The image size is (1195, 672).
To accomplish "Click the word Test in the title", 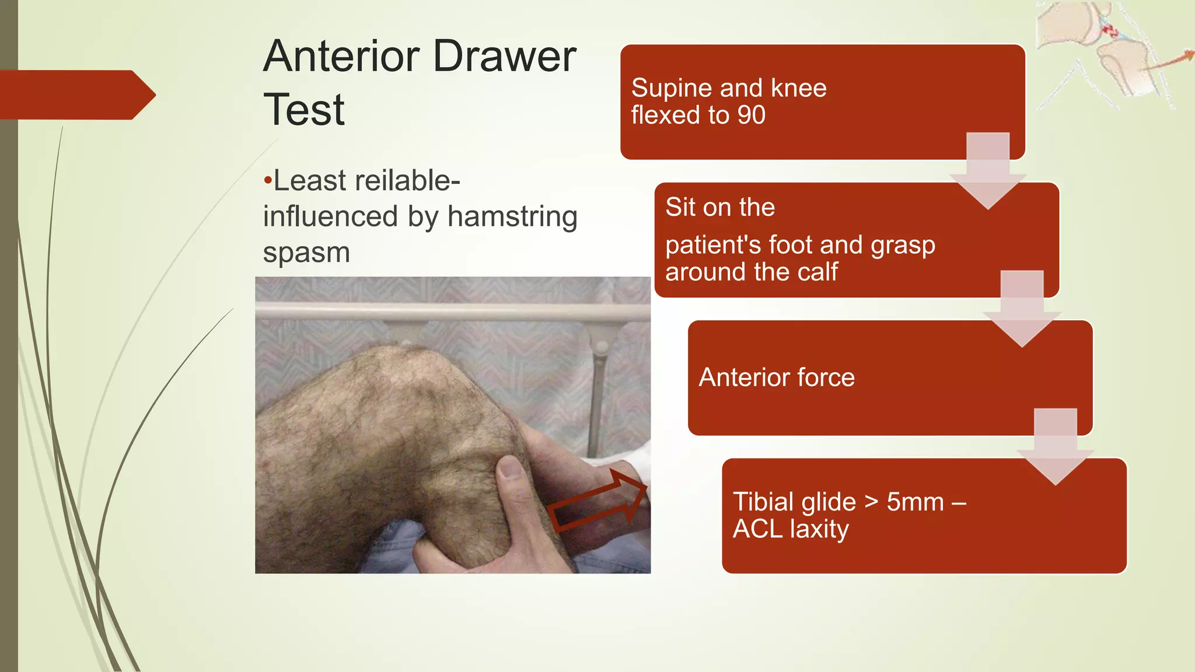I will click(x=303, y=110).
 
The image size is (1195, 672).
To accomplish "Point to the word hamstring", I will click(x=512, y=216).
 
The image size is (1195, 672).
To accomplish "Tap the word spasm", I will click(x=306, y=253).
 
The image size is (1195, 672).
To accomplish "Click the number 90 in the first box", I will click(x=751, y=115).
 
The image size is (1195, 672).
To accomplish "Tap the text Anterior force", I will click(x=776, y=377).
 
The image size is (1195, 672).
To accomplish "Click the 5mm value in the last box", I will click(x=915, y=502).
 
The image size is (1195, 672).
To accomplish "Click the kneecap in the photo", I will click(x=408, y=373).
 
